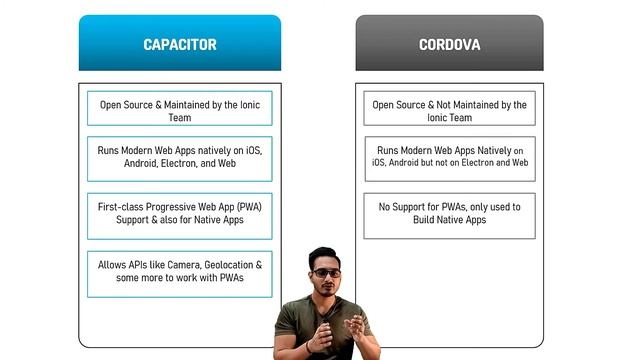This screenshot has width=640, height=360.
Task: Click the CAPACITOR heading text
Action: click(180, 44)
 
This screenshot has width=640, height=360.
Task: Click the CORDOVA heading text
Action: click(449, 44)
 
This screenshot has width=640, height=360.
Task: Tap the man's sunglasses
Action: click(326, 273)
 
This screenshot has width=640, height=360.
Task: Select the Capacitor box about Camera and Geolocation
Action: click(180, 271)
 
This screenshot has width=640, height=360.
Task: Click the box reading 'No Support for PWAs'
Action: click(449, 213)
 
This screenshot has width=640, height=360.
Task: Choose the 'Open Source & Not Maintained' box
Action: click(449, 110)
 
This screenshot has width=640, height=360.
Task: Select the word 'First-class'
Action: click(123, 206)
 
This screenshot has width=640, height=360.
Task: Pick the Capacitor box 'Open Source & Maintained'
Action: click(180, 110)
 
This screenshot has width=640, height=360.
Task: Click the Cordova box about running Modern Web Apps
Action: click(449, 155)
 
